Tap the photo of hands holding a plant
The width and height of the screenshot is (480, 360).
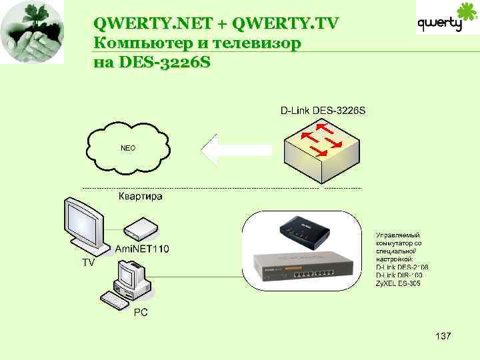coord(32,31)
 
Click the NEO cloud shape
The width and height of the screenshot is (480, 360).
coord(127,147)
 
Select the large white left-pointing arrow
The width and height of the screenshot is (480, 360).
coord(235,150)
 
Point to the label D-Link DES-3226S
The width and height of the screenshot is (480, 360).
coord(322,110)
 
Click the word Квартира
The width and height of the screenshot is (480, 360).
coord(140,197)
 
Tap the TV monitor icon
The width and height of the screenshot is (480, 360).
coord(85,225)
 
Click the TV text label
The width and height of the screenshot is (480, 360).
coord(88,263)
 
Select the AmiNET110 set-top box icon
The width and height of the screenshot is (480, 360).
coord(141,229)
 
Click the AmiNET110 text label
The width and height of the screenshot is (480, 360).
coord(142,249)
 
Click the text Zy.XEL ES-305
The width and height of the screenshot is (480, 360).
coord(398,283)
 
